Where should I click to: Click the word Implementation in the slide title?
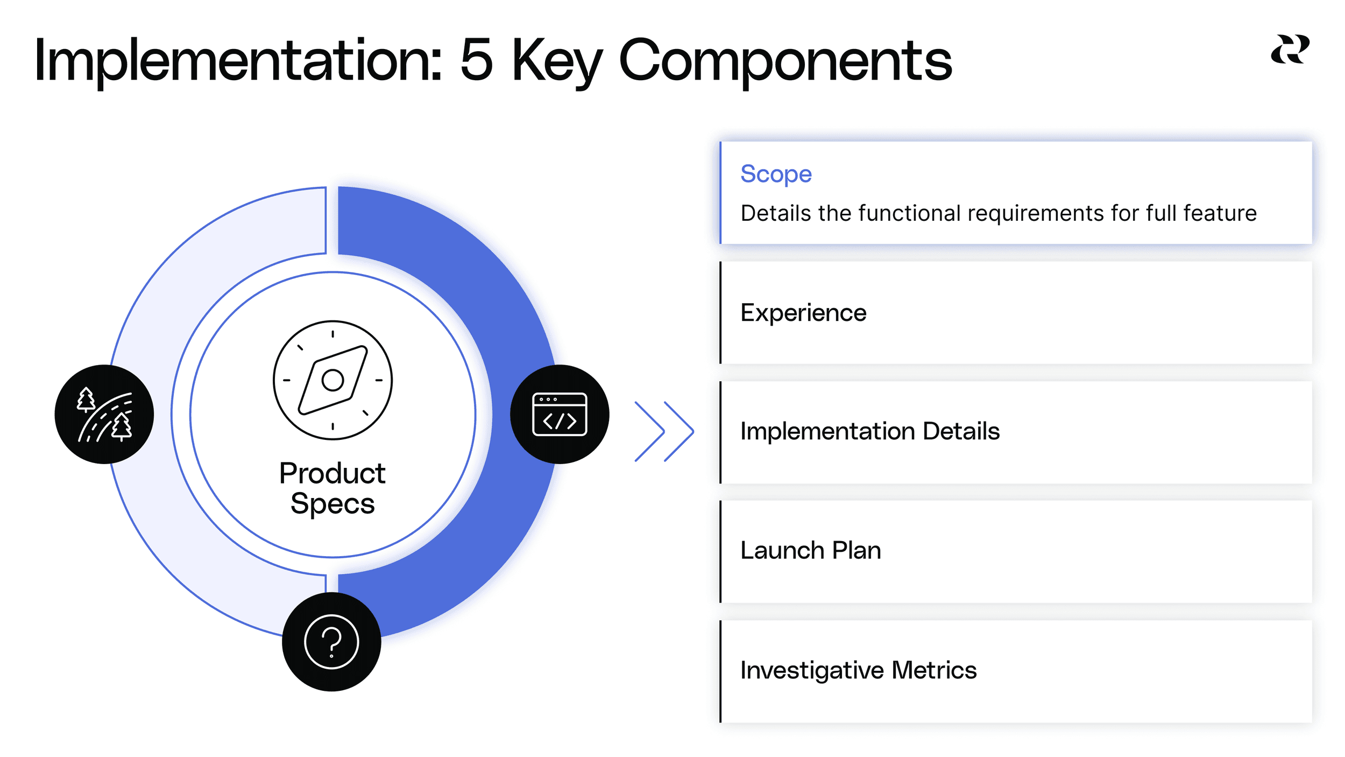[x=237, y=60]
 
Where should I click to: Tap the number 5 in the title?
[x=477, y=60]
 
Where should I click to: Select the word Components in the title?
[x=785, y=60]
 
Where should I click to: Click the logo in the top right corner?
[x=1290, y=50]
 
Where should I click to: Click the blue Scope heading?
[x=776, y=174]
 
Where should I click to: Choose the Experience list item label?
[x=803, y=313]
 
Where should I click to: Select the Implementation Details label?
[x=869, y=431]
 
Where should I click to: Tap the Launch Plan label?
[x=810, y=550]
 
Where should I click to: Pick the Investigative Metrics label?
[x=858, y=670]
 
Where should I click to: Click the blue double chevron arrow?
[x=664, y=431]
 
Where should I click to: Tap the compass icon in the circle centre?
[x=332, y=380]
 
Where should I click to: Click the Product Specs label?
[x=332, y=488]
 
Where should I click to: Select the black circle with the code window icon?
[x=560, y=414]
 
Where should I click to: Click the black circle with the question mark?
[x=331, y=642]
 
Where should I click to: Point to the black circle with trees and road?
[x=104, y=414]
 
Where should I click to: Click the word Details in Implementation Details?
[x=961, y=431]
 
